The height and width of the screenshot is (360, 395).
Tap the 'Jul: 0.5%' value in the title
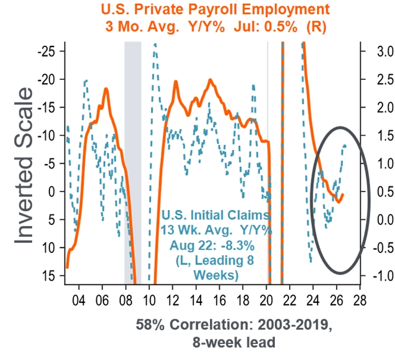click(x=266, y=27)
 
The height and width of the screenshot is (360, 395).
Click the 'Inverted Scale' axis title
click(x=24, y=165)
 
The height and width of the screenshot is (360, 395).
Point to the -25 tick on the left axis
click(x=46, y=51)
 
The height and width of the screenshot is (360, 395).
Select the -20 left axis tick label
click(x=46, y=79)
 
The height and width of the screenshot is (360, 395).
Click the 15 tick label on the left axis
click(x=48, y=276)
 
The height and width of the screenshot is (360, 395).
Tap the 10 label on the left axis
click(x=48, y=248)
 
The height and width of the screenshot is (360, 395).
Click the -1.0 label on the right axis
click(x=383, y=276)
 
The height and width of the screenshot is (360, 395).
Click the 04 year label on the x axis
click(x=79, y=301)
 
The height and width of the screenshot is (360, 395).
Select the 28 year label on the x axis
click(x=360, y=301)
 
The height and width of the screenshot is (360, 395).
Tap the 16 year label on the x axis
click(x=219, y=301)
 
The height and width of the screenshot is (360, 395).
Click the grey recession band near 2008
click(x=132, y=161)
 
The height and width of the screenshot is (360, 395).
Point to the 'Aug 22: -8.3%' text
click(x=212, y=245)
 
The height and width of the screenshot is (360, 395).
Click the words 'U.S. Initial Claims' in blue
click(x=215, y=215)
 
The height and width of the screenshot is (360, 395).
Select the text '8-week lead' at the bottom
click(x=234, y=343)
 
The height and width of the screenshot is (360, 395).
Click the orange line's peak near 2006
click(x=106, y=89)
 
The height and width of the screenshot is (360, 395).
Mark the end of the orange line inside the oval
click(x=343, y=195)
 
